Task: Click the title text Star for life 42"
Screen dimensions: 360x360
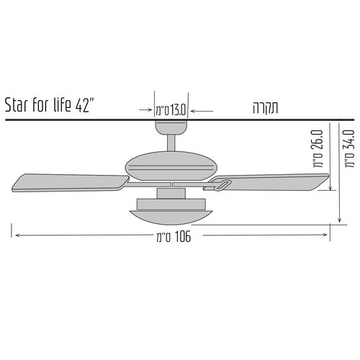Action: point(48,105)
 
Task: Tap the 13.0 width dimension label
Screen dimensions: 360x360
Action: point(171,111)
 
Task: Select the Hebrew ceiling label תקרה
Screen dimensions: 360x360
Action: point(265,108)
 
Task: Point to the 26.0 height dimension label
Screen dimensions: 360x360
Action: point(318,148)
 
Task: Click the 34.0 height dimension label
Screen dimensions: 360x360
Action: point(349,148)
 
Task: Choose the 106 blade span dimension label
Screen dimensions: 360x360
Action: point(174,237)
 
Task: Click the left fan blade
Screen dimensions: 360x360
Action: point(71,183)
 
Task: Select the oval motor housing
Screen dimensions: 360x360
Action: point(171,166)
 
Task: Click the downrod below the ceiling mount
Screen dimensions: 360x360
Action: point(171,143)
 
